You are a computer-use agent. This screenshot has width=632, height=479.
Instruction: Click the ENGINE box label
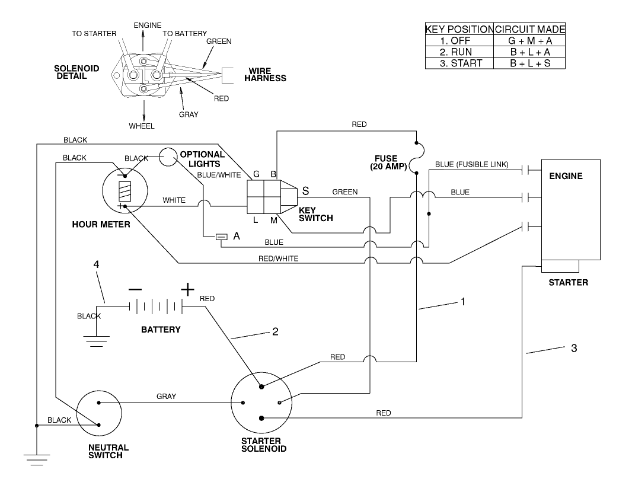point(566,176)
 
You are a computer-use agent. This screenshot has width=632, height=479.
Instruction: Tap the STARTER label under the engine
point(568,282)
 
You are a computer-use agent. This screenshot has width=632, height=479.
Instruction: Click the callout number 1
point(463,301)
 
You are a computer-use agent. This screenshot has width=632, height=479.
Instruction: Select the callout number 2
point(274,332)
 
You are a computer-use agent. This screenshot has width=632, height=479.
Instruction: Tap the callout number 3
point(573,348)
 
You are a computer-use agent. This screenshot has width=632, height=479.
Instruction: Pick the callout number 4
point(97,264)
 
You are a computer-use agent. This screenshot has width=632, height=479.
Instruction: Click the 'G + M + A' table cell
point(530,41)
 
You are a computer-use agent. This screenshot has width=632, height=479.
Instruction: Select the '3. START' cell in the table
point(461,63)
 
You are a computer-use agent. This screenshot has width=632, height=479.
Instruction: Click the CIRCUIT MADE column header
point(530,30)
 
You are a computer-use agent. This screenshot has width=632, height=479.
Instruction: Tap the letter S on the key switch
point(306,191)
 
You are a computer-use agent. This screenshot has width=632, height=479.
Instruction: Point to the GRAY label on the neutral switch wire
point(166,396)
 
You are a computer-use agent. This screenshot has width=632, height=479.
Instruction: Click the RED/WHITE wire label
point(278,258)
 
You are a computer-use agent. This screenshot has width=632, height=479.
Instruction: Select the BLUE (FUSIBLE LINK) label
point(471,164)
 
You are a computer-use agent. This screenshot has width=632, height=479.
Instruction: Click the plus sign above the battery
point(187,289)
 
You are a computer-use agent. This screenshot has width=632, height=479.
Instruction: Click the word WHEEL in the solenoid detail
point(142,126)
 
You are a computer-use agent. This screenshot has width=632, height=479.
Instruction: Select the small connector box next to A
point(221,237)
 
